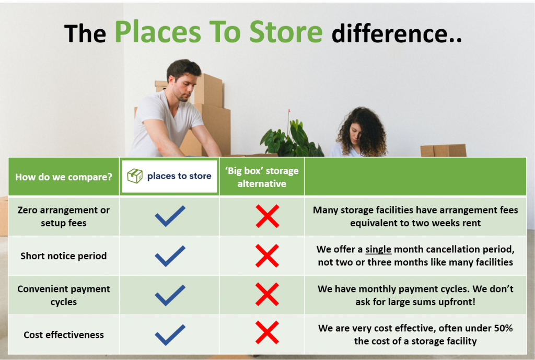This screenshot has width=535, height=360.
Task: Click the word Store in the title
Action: (286, 32)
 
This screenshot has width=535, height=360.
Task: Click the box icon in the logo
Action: (135, 176)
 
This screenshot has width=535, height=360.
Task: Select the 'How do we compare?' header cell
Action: (63, 177)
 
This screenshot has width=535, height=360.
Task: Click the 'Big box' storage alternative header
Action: (262, 177)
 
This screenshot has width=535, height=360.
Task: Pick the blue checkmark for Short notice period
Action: (170, 256)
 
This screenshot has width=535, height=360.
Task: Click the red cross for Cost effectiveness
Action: (267, 332)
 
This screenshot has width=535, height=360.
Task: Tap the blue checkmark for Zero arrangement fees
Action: (170, 216)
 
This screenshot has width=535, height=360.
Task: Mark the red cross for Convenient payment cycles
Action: (267, 294)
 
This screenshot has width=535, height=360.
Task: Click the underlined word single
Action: (378, 249)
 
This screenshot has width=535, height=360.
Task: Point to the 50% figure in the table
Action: (503, 328)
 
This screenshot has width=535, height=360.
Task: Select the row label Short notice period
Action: (63, 256)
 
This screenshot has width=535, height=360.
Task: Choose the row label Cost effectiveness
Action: (63, 335)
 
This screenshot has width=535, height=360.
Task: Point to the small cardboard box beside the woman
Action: (443, 150)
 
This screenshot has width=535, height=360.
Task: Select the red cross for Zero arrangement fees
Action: (267, 216)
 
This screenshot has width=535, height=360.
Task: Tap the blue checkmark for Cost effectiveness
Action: (170, 335)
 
